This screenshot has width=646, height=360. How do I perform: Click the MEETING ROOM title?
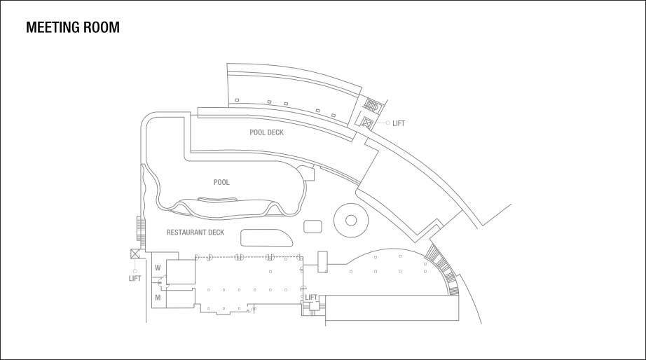click(x=72, y=28)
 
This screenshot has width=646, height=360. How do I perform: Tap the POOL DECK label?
click(x=266, y=132)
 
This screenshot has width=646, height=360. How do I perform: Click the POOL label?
click(x=221, y=182)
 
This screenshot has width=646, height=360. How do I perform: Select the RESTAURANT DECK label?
click(x=195, y=232)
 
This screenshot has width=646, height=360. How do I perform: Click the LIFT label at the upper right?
click(x=399, y=123)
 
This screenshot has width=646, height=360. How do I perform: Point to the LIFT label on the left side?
click(x=135, y=278)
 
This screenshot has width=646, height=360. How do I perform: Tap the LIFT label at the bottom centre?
click(x=312, y=298)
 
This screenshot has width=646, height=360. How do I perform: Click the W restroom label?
click(x=158, y=268)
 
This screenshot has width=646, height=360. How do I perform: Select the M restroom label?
click(x=158, y=298)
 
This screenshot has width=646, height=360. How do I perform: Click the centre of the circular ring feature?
click(x=350, y=220)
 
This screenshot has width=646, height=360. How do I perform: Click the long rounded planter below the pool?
click(x=266, y=237)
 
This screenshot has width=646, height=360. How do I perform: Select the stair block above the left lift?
click(x=140, y=229)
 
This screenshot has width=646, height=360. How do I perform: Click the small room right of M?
click(x=181, y=299)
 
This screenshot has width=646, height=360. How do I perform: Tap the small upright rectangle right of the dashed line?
click(x=322, y=261)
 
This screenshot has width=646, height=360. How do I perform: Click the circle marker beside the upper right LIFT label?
click(x=387, y=123)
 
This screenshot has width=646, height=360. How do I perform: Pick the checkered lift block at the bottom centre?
click(x=312, y=308)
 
